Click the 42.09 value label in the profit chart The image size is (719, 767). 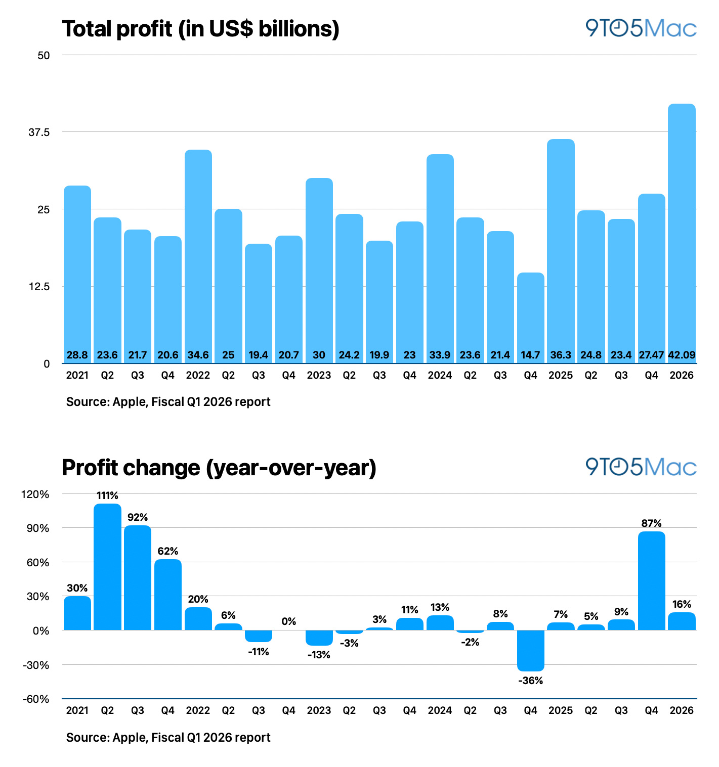(x=681, y=354)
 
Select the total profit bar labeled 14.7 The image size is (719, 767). (x=530, y=318)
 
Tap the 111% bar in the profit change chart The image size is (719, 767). (x=107, y=567)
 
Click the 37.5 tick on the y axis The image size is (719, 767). (x=39, y=132)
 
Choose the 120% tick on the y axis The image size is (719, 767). (x=35, y=494)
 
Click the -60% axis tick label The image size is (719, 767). (x=36, y=699)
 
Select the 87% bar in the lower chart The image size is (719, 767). (x=651, y=580)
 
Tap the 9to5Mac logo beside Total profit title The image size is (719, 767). (x=641, y=28)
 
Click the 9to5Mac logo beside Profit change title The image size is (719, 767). (x=641, y=467)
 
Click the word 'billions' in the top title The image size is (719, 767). (x=295, y=29)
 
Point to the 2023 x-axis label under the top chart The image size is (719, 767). (x=319, y=375)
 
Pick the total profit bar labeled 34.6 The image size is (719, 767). (x=198, y=256)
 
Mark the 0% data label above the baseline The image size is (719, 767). (x=288, y=621)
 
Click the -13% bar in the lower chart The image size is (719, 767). (x=319, y=638)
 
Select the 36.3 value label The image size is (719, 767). (x=561, y=354)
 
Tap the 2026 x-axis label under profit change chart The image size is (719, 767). (x=682, y=710)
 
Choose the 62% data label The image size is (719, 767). (x=168, y=551)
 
